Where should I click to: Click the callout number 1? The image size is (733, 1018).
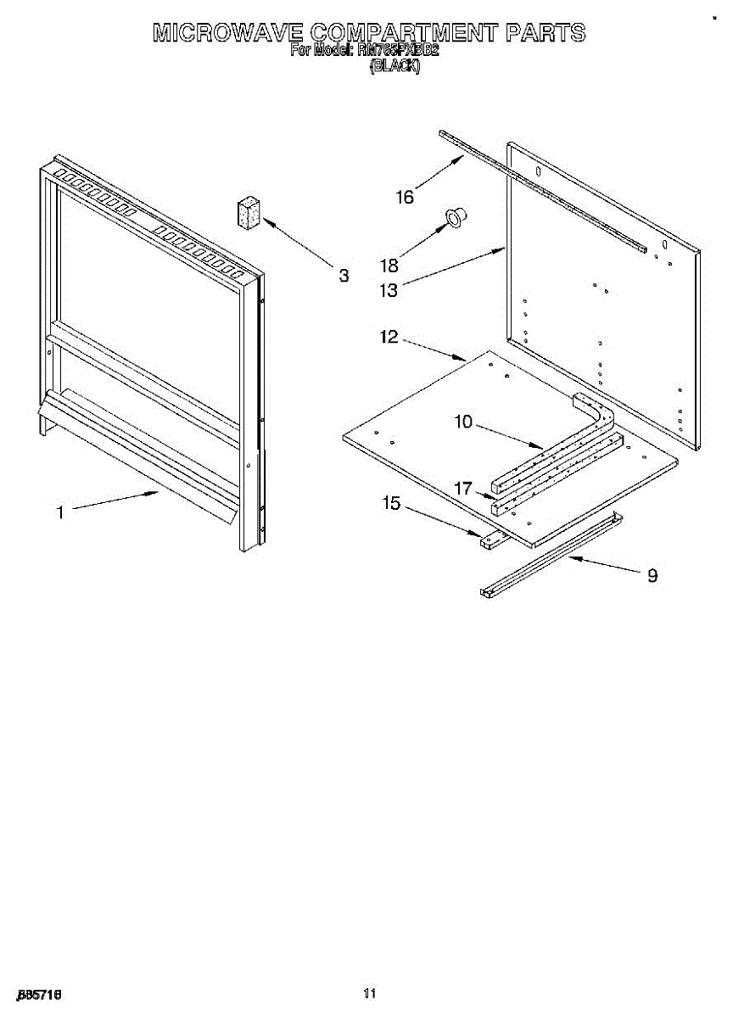(59, 512)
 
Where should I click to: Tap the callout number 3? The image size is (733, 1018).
(344, 275)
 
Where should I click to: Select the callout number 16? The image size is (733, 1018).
(405, 198)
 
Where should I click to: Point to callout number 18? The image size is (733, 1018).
(389, 265)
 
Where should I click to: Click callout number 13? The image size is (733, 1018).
(389, 290)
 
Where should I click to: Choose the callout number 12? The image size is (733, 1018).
(389, 337)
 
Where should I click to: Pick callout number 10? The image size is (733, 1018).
(463, 422)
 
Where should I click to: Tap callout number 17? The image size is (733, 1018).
(463, 489)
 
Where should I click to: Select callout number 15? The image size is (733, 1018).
(391, 503)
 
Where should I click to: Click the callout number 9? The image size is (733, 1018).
(652, 575)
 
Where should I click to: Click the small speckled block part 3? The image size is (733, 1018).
(249, 212)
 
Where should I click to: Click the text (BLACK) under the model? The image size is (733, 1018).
(394, 66)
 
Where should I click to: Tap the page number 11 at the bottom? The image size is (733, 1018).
(368, 993)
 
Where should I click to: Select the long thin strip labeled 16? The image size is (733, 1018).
(543, 191)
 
